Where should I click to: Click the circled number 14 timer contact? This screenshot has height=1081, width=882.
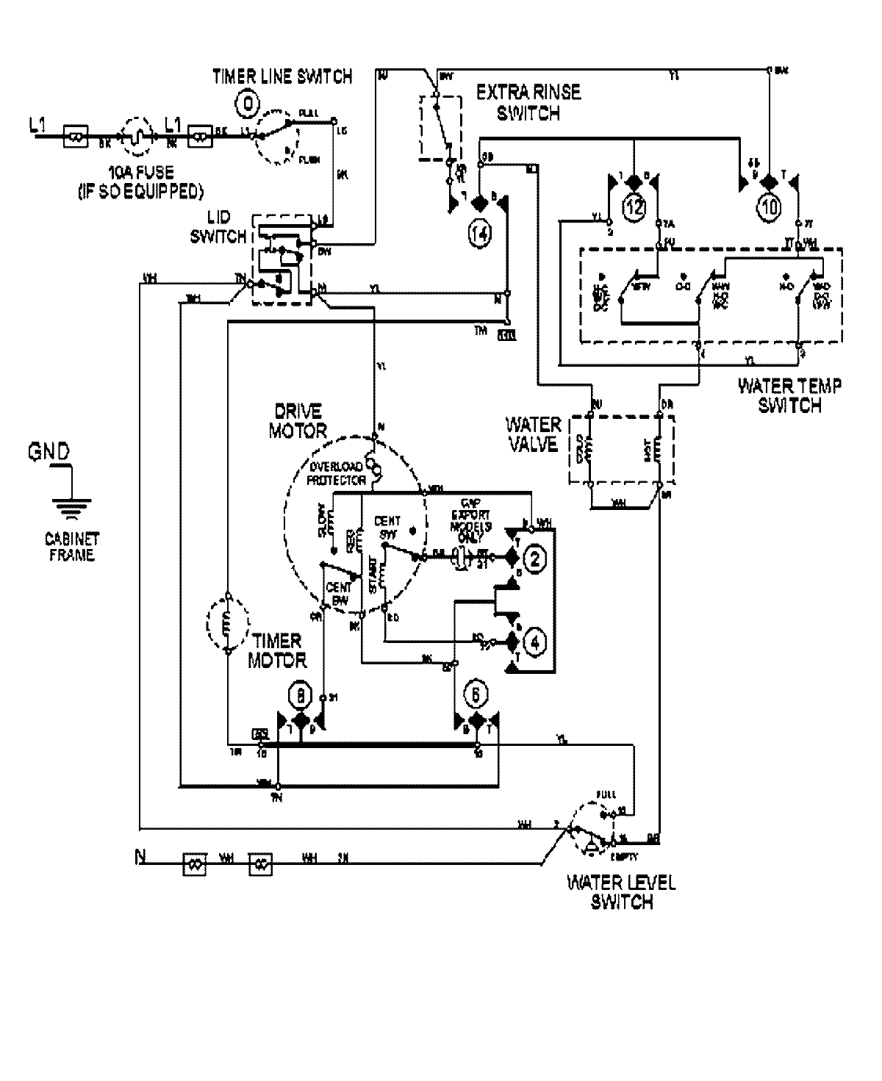pos(478,234)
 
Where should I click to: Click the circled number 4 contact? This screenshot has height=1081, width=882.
pos(534,642)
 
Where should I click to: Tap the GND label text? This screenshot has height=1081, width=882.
pos(49,451)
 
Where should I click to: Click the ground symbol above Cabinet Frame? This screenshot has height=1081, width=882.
pos(72,506)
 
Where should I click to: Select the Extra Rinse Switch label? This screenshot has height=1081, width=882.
pos(528,103)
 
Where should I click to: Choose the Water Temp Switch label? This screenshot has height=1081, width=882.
pos(789,395)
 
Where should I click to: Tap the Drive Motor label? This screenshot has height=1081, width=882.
pos(298,420)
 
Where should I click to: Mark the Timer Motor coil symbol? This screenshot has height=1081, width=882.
pos(227,624)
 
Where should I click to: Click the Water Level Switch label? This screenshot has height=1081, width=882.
pos(622,892)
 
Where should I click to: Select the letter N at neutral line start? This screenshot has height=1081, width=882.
pos(140,857)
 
